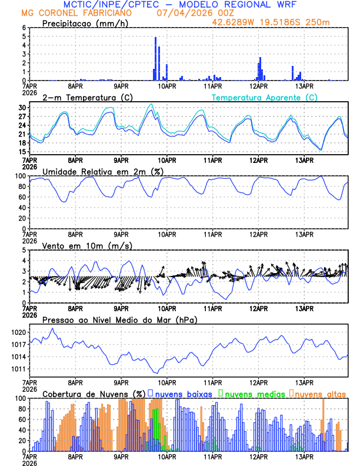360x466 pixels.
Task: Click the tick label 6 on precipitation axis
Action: pyautogui.click(x=24, y=28)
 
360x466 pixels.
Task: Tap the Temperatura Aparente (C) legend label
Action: pyautogui.click(x=265, y=97)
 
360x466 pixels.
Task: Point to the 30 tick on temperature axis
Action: pyautogui.click(x=22, y=108)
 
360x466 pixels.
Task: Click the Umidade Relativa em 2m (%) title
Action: pyautogui.click(x=104, y=171)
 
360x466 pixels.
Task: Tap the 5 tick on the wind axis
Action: pyautogui.click(x=24, y=250)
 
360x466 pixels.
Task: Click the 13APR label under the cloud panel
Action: pyautogui.click(x=304, y=457)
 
